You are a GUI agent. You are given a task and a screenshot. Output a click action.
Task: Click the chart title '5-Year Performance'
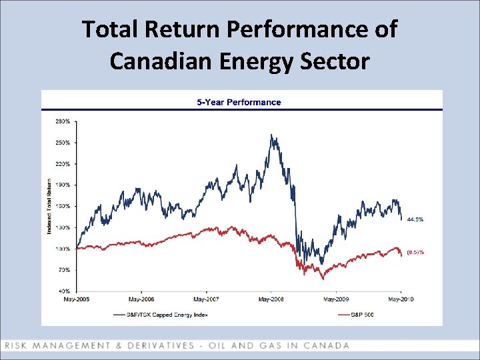(239, 102)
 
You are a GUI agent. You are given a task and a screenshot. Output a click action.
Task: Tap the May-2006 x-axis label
(141, 299)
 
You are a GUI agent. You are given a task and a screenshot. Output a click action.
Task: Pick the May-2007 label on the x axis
(205, 299)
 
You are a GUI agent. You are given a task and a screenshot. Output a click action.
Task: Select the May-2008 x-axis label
(271, 299)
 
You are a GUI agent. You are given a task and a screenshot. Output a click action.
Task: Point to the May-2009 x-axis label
(335, 299)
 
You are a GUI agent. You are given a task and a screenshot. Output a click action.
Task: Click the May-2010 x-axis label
(401, 299)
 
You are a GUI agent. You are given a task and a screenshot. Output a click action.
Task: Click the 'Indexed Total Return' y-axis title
(49, 206)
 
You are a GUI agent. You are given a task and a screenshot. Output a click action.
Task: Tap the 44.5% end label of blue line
(415, 219)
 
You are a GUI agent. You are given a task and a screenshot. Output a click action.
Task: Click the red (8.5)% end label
(415, 253)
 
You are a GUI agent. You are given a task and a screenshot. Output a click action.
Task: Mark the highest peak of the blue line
(271, 135)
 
